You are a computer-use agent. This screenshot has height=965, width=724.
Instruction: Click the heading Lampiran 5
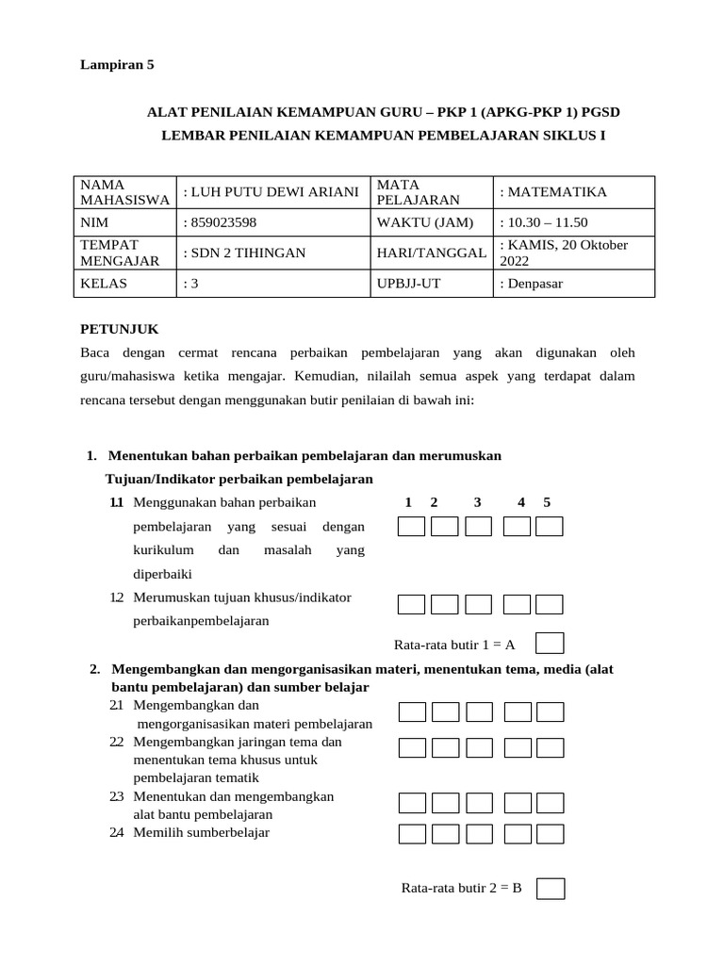(x=116, y=65)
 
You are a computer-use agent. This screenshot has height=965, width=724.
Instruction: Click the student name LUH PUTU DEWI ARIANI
(x=271, y=192)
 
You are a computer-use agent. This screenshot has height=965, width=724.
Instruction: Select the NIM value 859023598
(x=220, y=222)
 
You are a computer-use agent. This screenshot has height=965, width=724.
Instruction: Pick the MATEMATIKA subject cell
(x=553, y=192)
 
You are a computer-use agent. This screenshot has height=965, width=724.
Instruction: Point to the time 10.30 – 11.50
(x=543, y=222)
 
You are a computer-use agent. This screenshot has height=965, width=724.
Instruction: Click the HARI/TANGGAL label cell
(x=431, y=253)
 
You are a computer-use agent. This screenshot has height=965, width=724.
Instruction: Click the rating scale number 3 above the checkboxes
(x=478, y=502)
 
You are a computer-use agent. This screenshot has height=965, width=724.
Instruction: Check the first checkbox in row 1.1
(x=411, y=527)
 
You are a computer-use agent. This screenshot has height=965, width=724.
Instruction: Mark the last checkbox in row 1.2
(x=549, y=605)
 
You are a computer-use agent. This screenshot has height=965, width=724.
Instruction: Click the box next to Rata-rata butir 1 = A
(x=550, y=644)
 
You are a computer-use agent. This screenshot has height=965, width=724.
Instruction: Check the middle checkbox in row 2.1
(x=479, y=712)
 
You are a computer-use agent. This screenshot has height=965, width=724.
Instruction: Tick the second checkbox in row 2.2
(x=445, y=748)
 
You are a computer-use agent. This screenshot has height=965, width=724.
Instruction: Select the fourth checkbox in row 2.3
(x=517, y=803)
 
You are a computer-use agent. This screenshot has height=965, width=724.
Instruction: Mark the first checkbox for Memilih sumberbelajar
(x=411, y=834)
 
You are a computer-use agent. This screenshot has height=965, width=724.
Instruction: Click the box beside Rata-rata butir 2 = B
(x=551, y=888)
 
